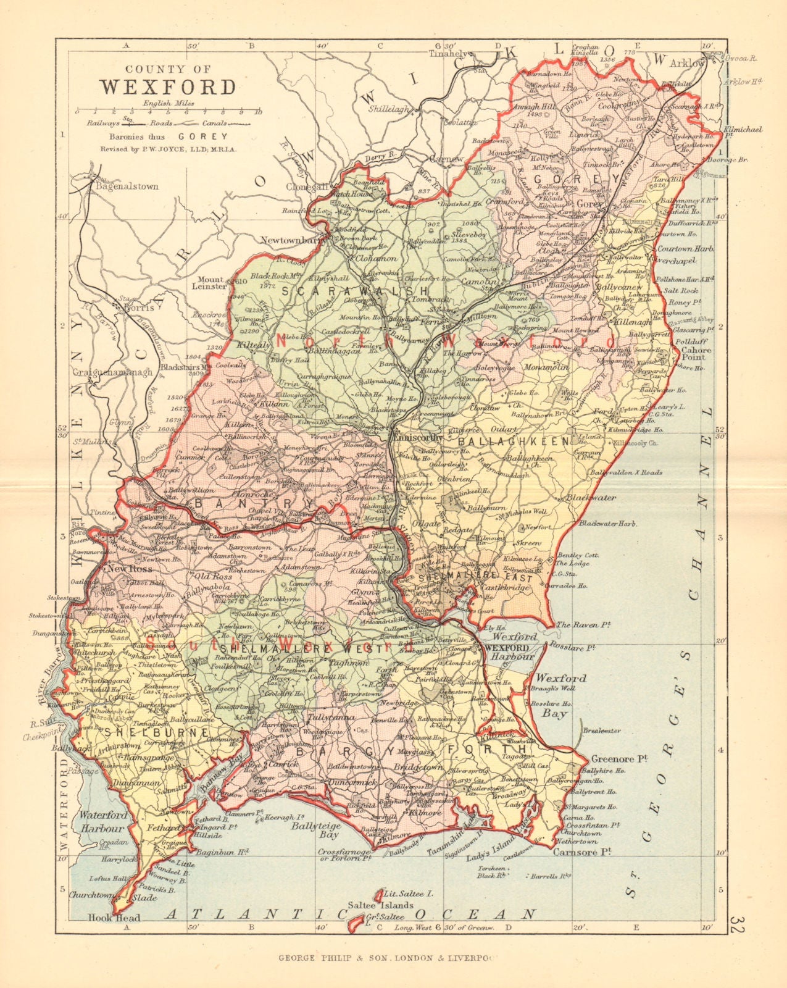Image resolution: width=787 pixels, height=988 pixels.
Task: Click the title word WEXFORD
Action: (168, 86)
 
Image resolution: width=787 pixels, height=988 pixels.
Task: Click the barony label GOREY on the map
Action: (587, 179)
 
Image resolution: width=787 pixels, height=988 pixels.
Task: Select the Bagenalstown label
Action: (127, 186)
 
